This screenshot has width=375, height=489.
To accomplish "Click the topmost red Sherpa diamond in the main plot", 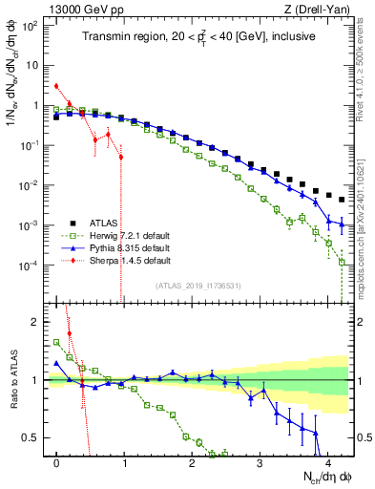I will click(x=57, y=86).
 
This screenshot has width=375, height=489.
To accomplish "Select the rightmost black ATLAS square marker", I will click(x=342, y=200).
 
